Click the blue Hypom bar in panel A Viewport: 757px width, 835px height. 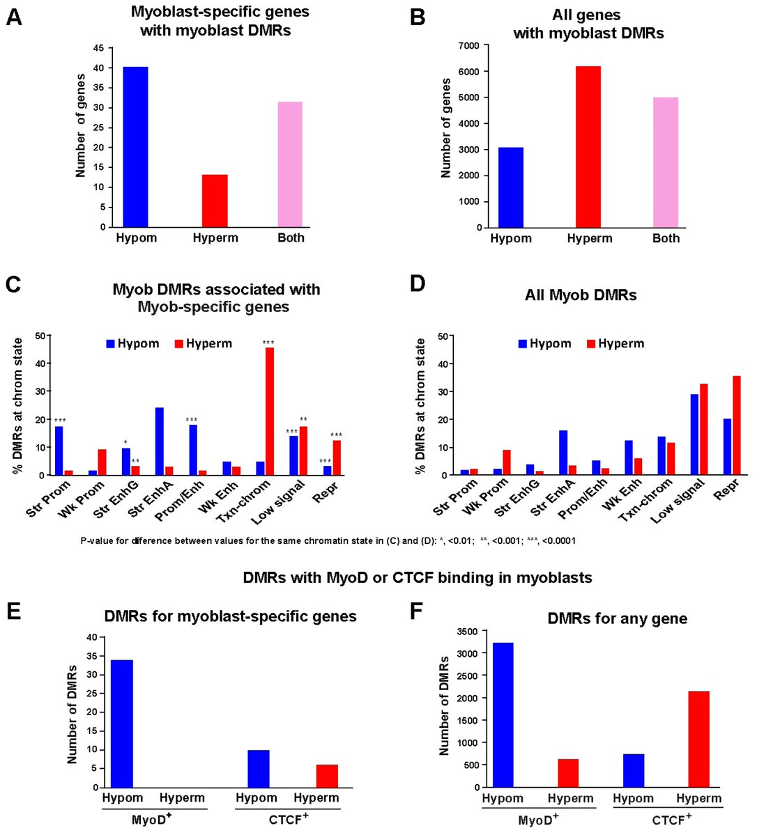click(135, 147)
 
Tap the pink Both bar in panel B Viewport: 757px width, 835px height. click(666, 162)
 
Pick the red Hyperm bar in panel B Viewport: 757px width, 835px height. click(588, 147)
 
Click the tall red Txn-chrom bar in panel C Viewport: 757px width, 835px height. click(270, 411)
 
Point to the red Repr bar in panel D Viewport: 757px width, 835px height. click(736, 426)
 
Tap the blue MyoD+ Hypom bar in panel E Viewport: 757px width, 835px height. click(122, 724)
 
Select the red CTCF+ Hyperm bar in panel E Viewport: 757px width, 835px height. click(327, 776)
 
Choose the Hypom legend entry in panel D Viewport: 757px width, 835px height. click(544, 344)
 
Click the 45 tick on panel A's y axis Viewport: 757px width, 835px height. click(98, 48)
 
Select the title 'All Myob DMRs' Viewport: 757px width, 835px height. click(580, 295)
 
